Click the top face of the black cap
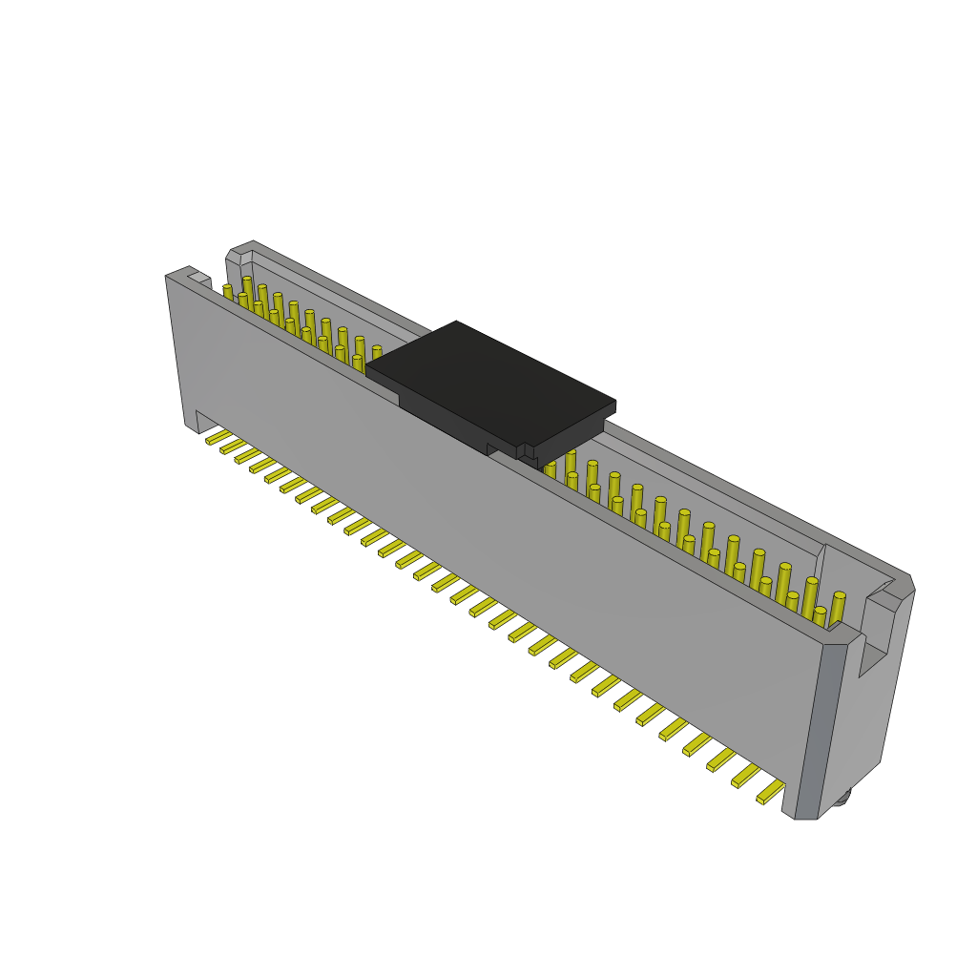(489, 382)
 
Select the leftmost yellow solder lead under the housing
(218, 438)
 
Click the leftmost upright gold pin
(228, 292)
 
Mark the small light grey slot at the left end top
(199, 279)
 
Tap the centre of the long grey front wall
(496, 534)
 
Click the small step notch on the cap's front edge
(521, 450)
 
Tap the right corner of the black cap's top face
(614, 404)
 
